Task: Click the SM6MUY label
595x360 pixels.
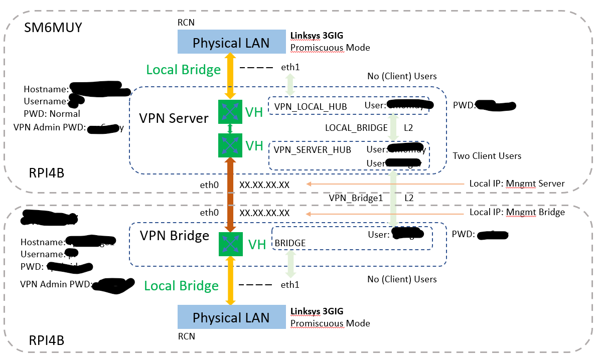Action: (x=53, y=27)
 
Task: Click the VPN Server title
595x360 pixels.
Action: (x=174, y=118)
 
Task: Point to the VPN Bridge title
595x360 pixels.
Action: (x=174, y=236)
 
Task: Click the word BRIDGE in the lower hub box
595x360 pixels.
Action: (x=290, y=243)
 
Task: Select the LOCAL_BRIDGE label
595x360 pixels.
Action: (x=356, y=128)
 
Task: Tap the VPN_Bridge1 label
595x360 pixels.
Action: (x=356, y=198)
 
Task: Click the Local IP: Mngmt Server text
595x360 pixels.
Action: (x=517, y=184)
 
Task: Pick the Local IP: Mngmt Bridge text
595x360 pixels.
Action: (x=517, y=212)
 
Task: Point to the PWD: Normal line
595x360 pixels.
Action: (x=52, y=113)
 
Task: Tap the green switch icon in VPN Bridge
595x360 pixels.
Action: (x=230, y=243)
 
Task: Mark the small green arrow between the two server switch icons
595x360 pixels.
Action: (x=230, y=129)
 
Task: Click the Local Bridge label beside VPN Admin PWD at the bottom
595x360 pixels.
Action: (x=182, y=286)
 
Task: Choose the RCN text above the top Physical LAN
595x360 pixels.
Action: (x=186, y=23)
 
